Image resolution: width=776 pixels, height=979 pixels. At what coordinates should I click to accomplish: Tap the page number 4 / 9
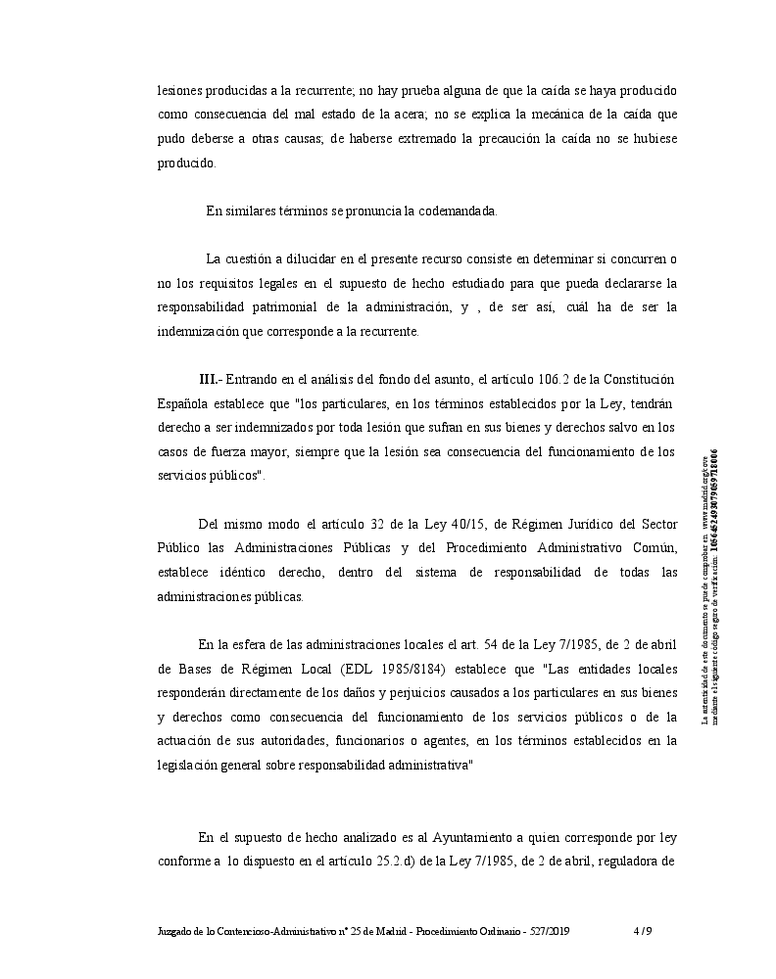642,931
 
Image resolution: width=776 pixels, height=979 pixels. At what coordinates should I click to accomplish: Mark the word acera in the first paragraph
373,115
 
